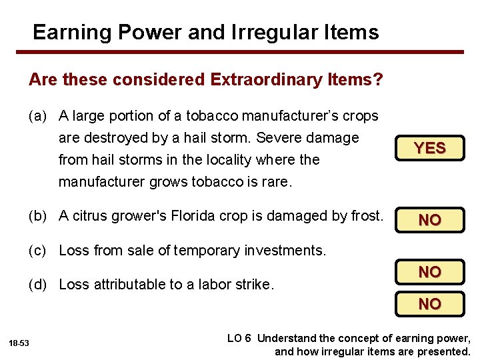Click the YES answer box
pyautogui.click(x=429, y=149)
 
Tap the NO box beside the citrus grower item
pyautogui.click(x=429, y=219)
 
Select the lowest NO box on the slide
pyautogui.click(x=429, y=304)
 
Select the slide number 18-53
pyautogui.click(x=19, y=343)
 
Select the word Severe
pyautogui.click(x=278, y=138)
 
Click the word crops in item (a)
pyautogui.click(x=361, y=116)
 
